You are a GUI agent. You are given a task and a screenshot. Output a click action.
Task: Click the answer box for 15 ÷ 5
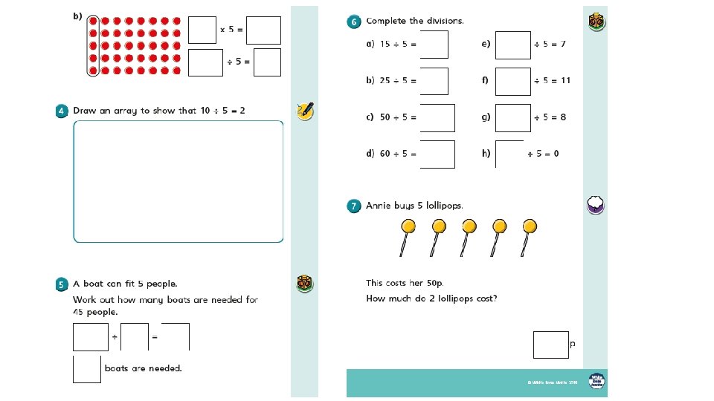[x=434, y=45]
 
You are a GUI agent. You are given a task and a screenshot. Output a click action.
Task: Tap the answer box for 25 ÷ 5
[x=434, y=81]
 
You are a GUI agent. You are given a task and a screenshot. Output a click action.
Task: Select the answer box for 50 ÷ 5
[x=437, y=117]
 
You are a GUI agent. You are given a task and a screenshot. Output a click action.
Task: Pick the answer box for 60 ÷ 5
[x=437, y=154]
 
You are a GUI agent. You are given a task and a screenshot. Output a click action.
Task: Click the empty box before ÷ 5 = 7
[x=513, y=45]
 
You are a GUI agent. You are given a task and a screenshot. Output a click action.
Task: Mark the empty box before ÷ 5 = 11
[x=513, y=81]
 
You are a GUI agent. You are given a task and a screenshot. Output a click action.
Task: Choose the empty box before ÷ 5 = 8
[x=513, y=117]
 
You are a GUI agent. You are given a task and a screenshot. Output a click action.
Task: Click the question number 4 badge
[x=62, y=111]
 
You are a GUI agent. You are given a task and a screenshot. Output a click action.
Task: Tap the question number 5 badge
[x=62, y=284]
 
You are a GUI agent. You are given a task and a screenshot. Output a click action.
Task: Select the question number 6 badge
[x=355, y=22]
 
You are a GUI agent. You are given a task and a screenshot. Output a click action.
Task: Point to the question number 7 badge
[x=355, y=206]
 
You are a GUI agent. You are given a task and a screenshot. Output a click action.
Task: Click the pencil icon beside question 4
[x=305, y=111]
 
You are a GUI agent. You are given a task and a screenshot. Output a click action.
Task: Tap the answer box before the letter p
[x=550, y=345]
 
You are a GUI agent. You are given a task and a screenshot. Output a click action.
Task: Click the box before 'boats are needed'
[x=86, y=369]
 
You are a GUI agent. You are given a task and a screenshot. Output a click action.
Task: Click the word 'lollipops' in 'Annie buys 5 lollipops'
[x=444, y=206]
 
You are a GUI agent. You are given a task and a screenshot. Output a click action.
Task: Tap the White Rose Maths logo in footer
[x=596, y=381]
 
